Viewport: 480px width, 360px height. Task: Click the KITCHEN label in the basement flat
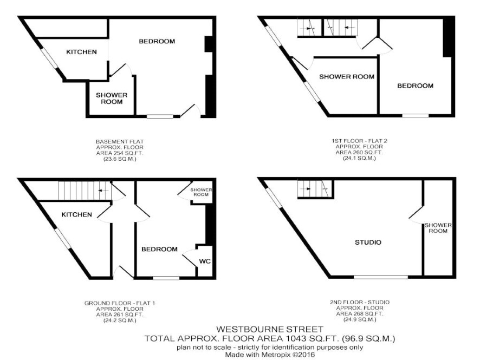tap(81, 52)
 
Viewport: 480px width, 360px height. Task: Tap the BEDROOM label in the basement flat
tap(157, 41)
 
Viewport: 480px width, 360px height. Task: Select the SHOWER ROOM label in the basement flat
tap(112, 99)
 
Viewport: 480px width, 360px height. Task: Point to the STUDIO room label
tap(368, 243)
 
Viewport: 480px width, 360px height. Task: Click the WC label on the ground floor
tap(205, 261)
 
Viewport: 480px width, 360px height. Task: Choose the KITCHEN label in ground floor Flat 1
tap(76, 215)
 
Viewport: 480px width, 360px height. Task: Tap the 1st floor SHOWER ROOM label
tap(347, 77)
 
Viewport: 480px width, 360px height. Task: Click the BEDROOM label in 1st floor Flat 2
tap(415, 86)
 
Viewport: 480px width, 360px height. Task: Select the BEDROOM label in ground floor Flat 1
tap(159, 250)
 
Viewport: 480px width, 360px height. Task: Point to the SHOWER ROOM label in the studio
tap(438, 228)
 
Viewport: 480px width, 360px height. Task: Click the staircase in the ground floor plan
tap(85, 190)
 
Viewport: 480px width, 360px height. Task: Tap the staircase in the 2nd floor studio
tap(315, 189)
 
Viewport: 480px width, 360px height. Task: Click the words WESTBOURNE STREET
tap(270, 330)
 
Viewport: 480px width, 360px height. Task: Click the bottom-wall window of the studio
tap(381, 277)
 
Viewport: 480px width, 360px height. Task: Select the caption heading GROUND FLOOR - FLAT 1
tap(120, 303)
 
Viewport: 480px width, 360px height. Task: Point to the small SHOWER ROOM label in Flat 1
tap(201, 192)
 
